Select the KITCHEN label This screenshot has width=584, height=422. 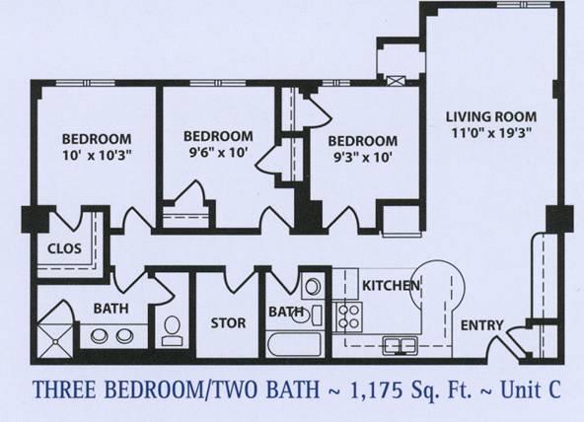click(392, 286)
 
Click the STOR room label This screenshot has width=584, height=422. click(228, 322)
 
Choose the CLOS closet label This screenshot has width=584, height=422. click(65, 248)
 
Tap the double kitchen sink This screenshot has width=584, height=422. click(400, 345)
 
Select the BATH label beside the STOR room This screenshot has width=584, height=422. click(286, 313)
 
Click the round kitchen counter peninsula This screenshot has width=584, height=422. click(437, 286)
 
